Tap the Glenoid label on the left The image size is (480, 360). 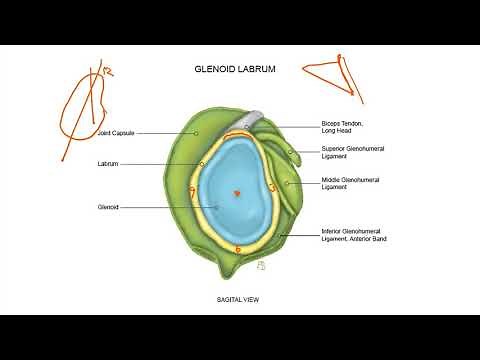point(108,207)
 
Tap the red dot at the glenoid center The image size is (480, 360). point(237,192)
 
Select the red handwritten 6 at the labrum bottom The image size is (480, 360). point(237,249)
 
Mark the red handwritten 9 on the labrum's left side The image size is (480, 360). point(192,192)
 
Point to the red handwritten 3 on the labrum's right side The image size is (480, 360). point(272,188)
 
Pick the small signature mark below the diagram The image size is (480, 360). point(261,265)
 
